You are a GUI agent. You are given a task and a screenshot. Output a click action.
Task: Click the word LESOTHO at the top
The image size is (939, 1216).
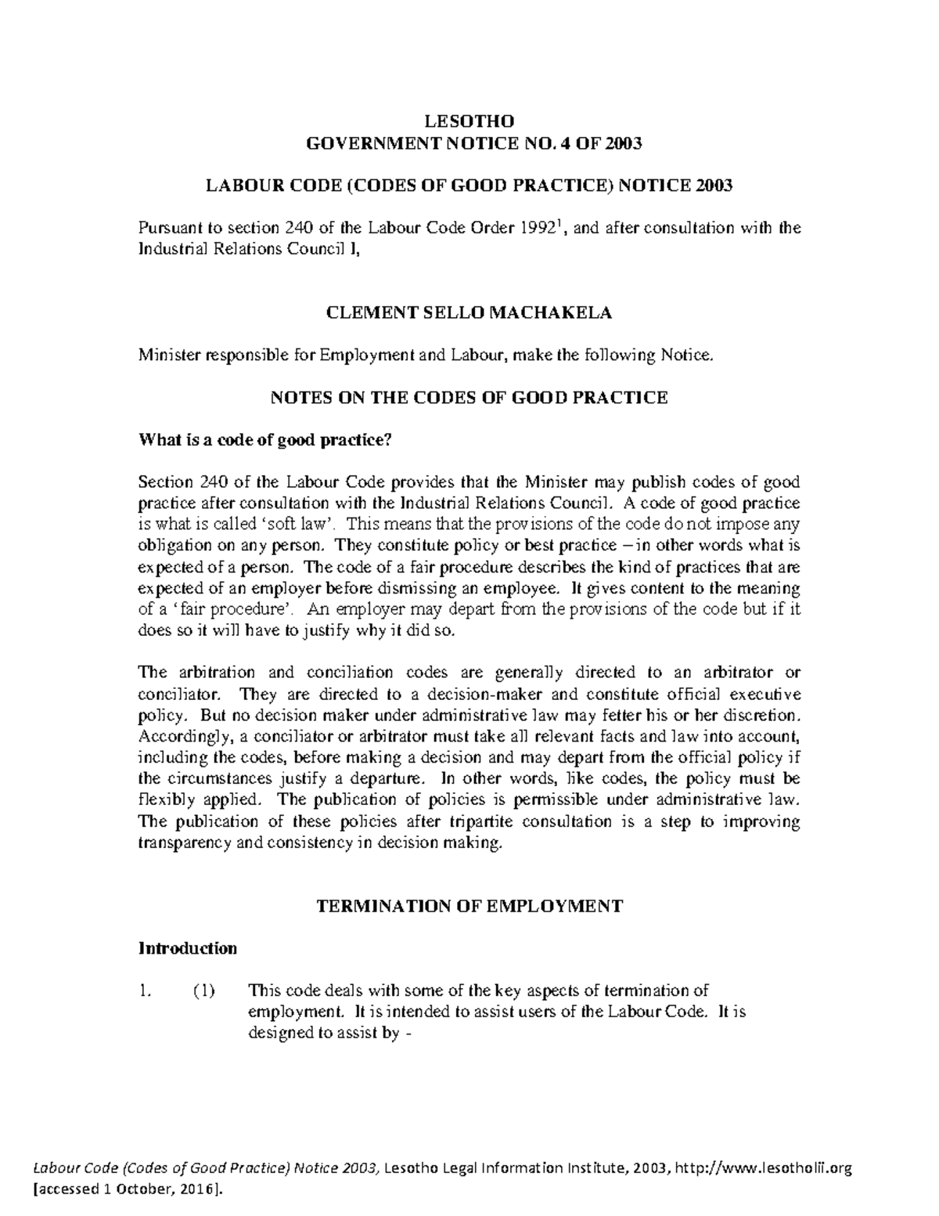pyautogui.click(x=469, y=121)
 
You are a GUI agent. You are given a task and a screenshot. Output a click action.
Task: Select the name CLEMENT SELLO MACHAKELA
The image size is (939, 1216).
pyautogui.click(x=468, y=313)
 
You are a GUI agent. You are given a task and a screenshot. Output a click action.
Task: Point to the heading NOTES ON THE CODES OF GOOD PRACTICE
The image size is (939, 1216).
pyautogui.click(x=468, y=398)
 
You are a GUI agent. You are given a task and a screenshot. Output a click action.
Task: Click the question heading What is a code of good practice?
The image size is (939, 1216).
pyautogui.click(x=264, y=440)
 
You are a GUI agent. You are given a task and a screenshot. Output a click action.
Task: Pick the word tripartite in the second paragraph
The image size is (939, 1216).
pyautogui.click(x=483, y=821)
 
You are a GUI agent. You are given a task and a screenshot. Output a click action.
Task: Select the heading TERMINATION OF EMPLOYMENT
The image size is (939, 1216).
pyautogui.click(x=468, y=907)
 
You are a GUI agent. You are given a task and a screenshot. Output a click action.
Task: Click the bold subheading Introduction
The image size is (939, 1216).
pyautogui.click(x=188, y=948)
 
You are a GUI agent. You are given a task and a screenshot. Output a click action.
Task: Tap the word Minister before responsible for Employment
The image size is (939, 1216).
pyautogui.click(x=170, y=355)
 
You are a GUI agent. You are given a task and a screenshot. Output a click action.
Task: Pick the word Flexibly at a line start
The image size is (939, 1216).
pyautogui.click(x=161, y=800)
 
